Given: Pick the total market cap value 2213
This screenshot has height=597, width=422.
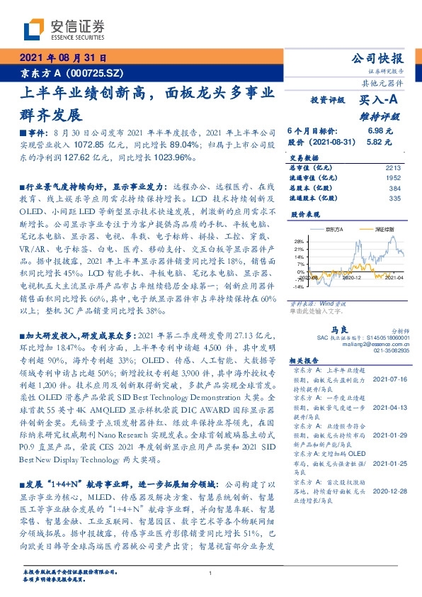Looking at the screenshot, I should (394, 167).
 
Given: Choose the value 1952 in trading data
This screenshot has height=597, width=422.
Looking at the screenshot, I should (394, 177).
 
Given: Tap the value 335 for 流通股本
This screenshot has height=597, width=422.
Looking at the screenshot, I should (395, 199).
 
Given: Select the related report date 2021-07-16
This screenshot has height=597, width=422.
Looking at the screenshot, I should (389, 379).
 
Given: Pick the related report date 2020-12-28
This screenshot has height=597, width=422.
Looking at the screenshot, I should (389, 489).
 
